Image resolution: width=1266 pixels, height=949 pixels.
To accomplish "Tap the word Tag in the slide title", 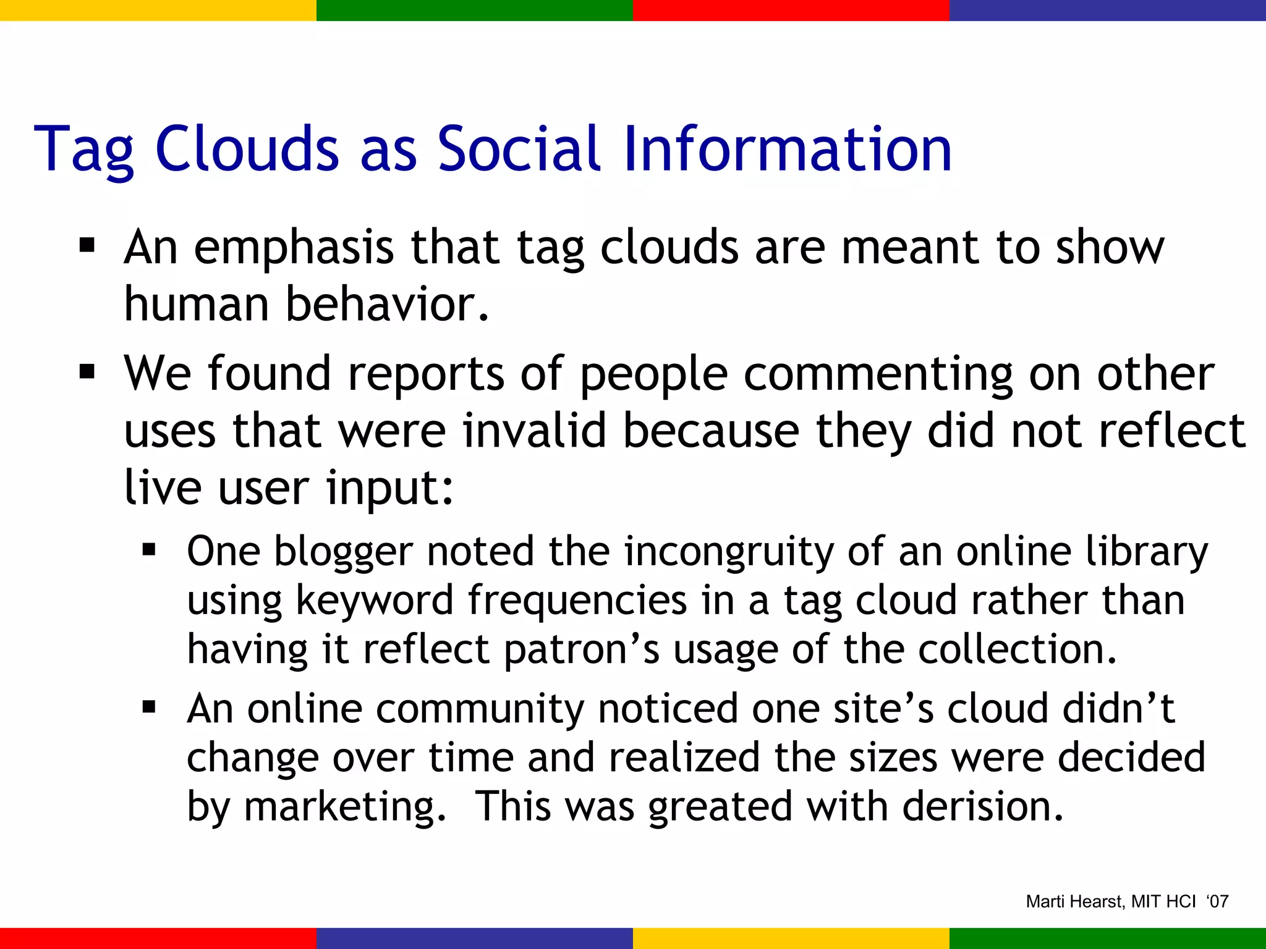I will [x=83, y=150].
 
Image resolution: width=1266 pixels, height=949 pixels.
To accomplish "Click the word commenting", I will [x=878, y=375].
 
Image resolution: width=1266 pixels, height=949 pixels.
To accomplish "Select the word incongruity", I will [x=728, y=552].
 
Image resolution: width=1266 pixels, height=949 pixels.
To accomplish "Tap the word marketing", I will [x=344, y=807].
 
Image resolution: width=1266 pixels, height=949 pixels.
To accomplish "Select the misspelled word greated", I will [x=720, y=807].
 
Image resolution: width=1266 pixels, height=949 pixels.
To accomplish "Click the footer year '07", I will [x=1217, y=901].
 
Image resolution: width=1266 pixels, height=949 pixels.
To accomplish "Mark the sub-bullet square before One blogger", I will [x=149, y=549].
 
